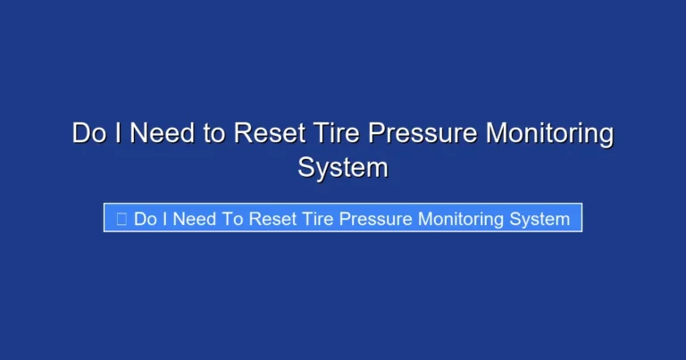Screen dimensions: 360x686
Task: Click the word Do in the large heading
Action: click(x=88, y=134)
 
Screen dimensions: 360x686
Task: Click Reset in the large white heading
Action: click(x=266, y=134)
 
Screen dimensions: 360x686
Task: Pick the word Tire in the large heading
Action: click(x=332, y=134)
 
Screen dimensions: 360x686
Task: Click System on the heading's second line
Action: click(x=343, y=167)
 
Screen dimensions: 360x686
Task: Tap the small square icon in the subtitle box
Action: click(x=122, y=219)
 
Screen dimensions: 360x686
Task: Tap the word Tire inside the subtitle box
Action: click(x=318, y=219)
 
